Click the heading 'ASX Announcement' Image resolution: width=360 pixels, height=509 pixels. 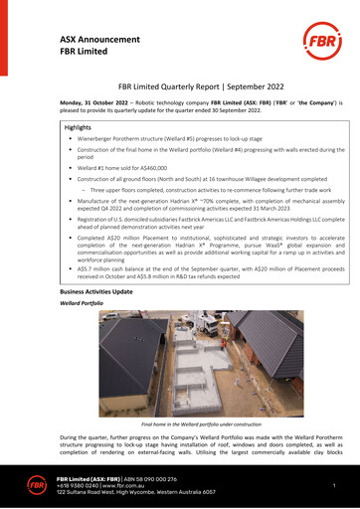(90, 37)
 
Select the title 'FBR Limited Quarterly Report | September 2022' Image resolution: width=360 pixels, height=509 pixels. (181, 87)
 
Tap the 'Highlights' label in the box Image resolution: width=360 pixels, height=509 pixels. (78, 128)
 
